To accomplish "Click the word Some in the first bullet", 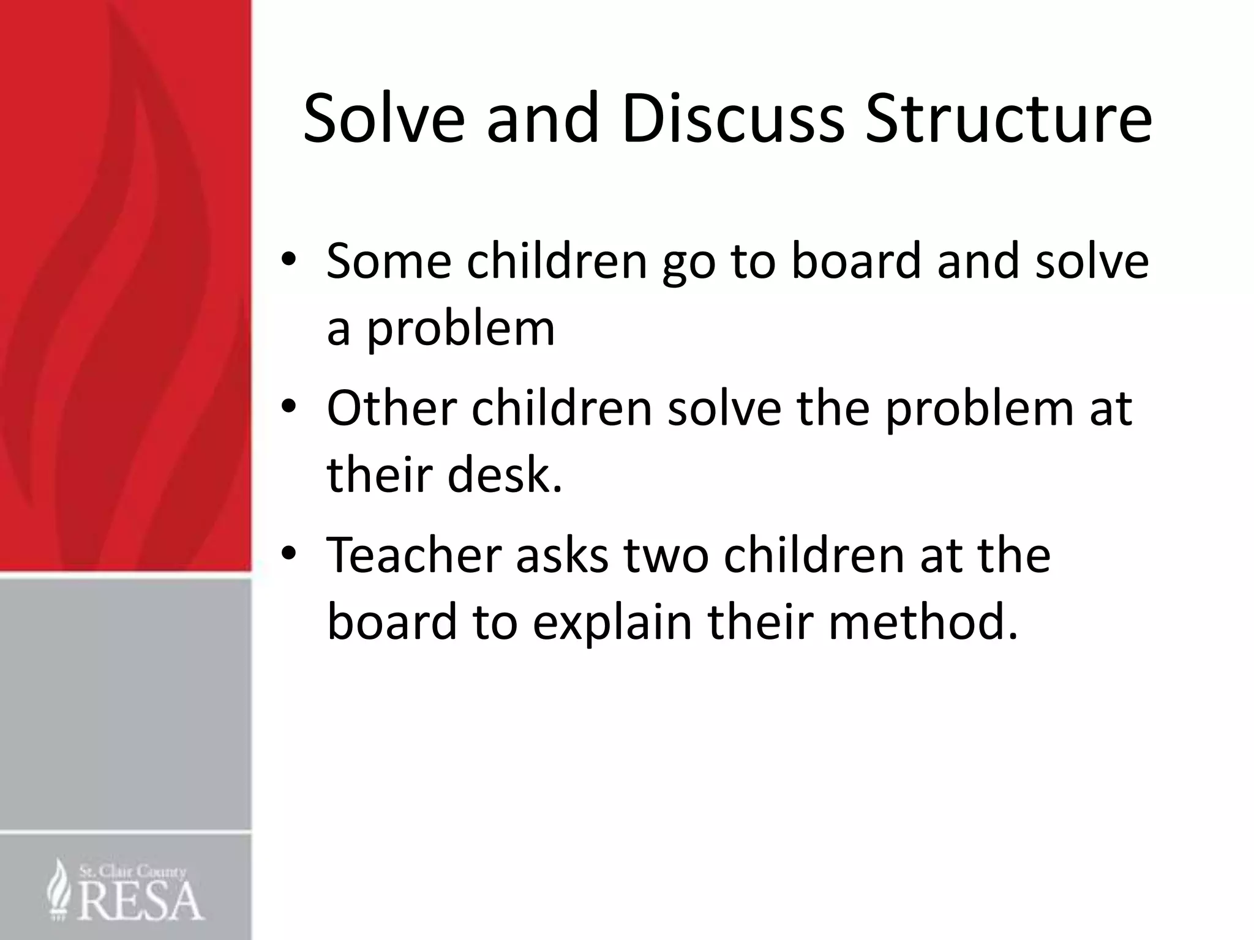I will [x=389, y=261].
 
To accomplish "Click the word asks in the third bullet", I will [x=562, y=554].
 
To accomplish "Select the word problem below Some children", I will [x=460, y=330].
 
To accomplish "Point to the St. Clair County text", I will [x=132, y=871].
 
